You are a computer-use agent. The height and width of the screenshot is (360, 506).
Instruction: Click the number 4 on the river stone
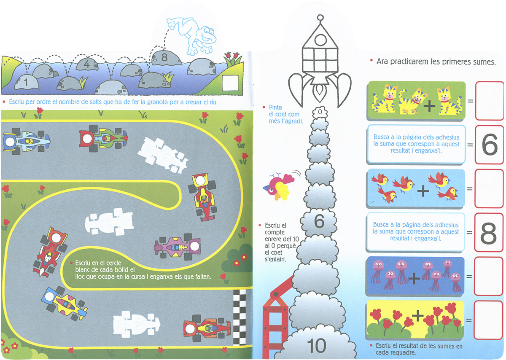point(86,64)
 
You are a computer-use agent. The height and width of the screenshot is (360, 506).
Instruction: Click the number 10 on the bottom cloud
point(317,346)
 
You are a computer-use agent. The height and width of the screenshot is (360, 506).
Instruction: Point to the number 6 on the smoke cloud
point(319,221)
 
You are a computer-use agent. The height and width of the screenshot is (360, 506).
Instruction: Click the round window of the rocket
point(320,40)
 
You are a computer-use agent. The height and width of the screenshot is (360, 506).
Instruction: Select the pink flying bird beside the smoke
point(276,185)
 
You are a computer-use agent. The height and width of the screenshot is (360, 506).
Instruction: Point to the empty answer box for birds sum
point(489,189)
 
